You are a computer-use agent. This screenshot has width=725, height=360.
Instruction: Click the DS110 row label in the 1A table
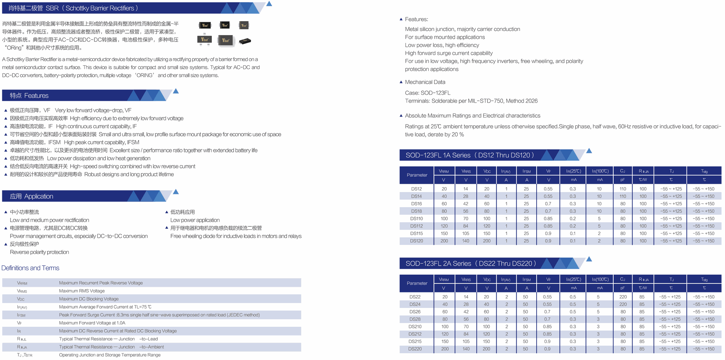[416, 218]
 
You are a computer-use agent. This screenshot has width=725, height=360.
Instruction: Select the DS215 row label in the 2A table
[415, 342]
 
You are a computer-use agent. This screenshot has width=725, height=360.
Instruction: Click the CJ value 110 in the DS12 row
[623, 189]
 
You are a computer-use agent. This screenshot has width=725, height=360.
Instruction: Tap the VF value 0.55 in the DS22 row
[547, 297]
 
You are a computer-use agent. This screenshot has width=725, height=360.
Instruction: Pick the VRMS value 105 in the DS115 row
[466, 234]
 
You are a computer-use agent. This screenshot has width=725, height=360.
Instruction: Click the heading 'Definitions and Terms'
[30, 268]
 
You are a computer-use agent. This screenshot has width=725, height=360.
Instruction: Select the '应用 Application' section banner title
[31, 196]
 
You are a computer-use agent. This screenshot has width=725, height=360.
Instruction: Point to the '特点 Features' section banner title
[29, 95]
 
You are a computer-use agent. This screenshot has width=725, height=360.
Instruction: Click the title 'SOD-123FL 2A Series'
[438, 263]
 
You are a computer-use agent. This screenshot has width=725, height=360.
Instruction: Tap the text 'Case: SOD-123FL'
[427, 93]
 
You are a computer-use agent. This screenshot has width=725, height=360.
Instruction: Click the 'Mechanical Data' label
[425, 82]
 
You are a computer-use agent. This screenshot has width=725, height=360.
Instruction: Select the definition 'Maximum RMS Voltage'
[82, 291]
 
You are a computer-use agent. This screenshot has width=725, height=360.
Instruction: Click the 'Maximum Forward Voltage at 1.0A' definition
[92, 323]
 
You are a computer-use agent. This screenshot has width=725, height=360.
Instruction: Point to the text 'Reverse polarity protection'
[39, 252]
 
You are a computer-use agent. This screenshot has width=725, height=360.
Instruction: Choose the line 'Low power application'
[195, 220]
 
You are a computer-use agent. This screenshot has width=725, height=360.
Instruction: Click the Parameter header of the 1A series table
[417, 175]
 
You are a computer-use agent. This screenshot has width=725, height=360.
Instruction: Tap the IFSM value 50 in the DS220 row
[525, 349]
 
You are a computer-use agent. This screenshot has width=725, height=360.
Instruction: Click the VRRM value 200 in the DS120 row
[444, 241]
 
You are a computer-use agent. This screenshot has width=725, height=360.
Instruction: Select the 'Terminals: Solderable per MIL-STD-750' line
[471, 101]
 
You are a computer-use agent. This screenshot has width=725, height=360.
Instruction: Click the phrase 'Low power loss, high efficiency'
[442, 45]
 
